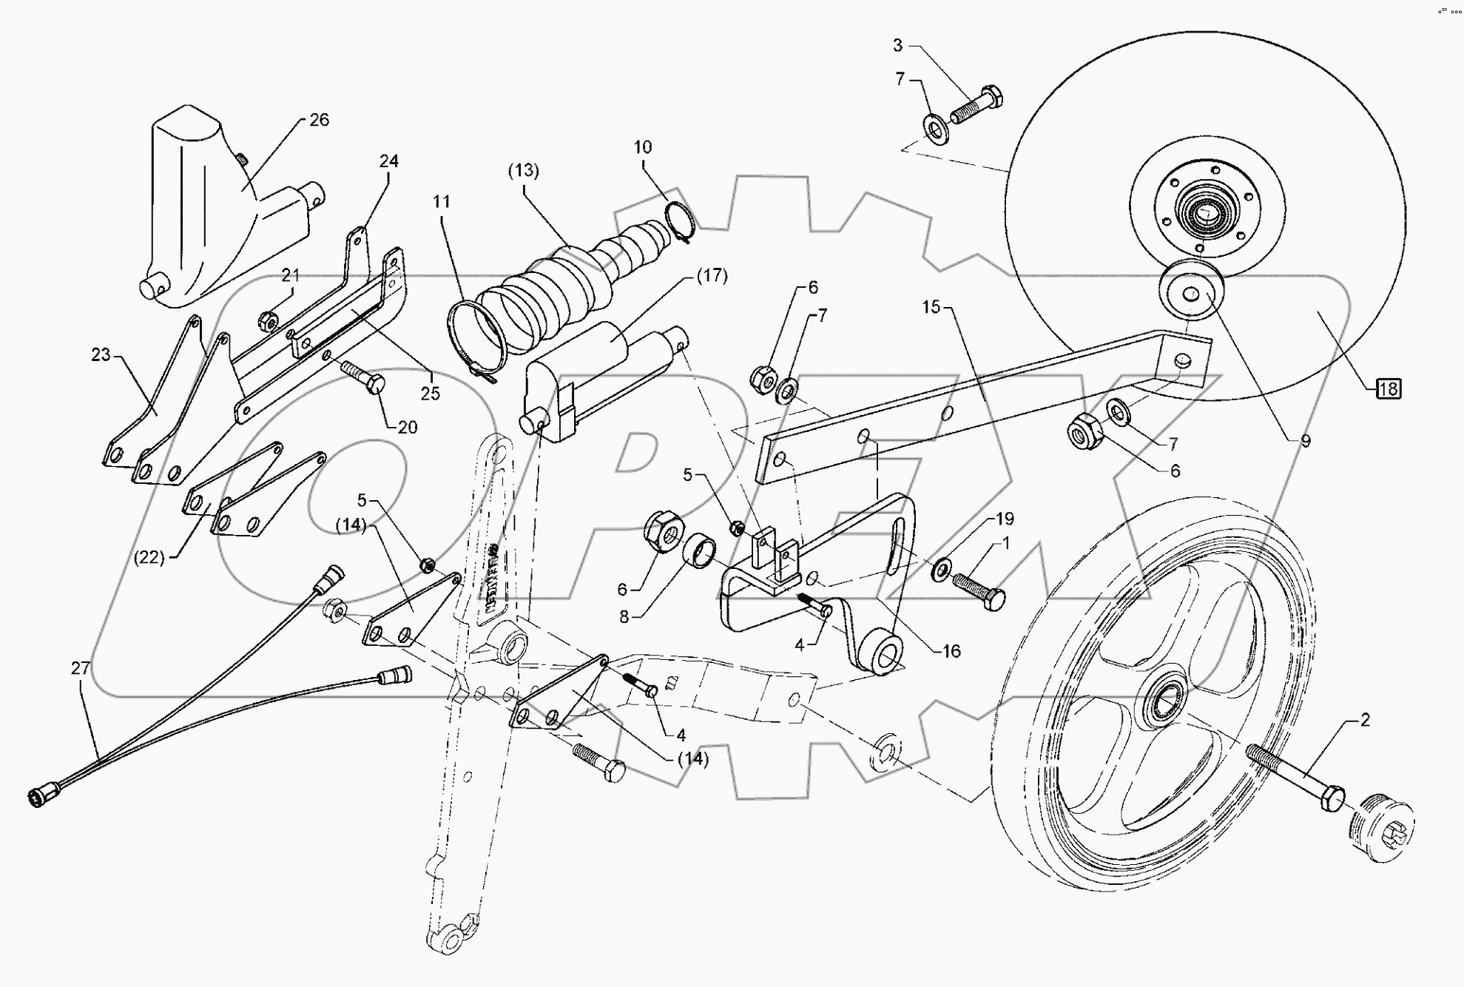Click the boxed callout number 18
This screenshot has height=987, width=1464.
tap(1389, 388)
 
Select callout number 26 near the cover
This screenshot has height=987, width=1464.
tap(319, 120)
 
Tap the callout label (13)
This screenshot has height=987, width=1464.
tap(523, 170)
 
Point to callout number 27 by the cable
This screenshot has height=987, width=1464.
tap(80, 668)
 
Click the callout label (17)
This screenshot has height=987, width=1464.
tap(712, 276)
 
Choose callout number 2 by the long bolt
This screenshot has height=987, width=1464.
tap(1365, 720)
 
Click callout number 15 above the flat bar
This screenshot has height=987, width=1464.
tap(931, 306)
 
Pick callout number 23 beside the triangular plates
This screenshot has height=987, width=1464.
tap(101, 355)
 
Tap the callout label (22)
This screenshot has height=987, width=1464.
tap(149, 557)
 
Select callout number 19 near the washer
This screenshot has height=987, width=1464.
tap(1004, 519)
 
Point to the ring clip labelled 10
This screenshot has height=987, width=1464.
tap(681, 220)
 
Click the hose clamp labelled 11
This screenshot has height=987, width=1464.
tap(477, 340)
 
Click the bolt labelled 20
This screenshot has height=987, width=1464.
tap(364, 377)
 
